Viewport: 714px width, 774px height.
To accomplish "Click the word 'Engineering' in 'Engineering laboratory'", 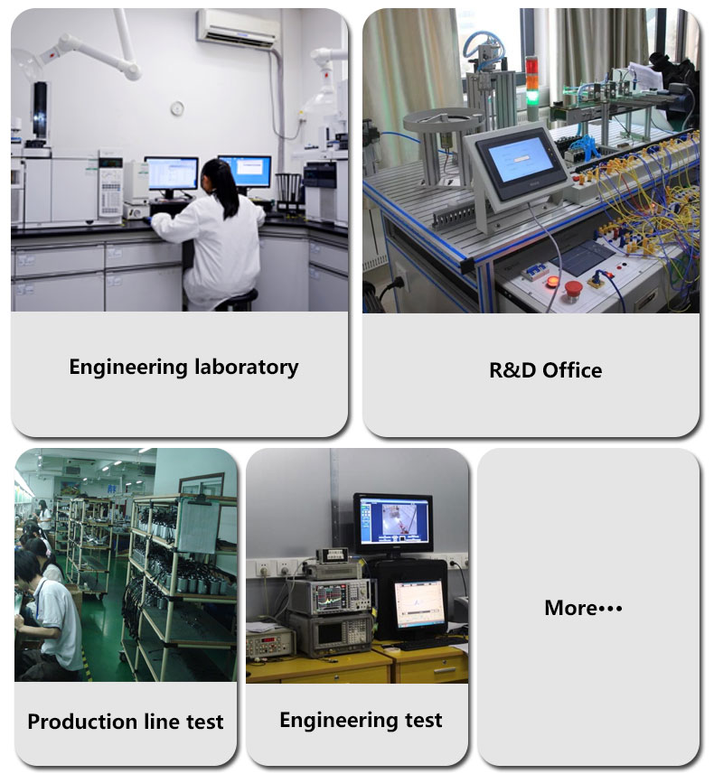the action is point(128,368).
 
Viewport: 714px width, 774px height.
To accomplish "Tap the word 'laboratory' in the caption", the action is point(247,368).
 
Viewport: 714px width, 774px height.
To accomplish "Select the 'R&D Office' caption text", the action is point(546,370).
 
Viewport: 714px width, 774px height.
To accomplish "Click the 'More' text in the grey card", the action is point(570,608).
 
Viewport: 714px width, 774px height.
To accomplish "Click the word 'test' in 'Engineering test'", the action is point(424,720).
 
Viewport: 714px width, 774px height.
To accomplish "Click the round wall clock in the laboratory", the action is point(177,108).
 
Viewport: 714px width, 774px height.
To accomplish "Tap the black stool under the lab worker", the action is point(239,300).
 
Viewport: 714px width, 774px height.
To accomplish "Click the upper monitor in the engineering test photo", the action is point(393,523).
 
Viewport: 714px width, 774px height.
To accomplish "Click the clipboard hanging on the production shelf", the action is point(200,525).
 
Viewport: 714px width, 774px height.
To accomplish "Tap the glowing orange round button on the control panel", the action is point(552,282).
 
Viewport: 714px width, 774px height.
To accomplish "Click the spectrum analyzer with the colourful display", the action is point(330,596).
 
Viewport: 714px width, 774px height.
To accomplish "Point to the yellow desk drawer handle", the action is point(444,671).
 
